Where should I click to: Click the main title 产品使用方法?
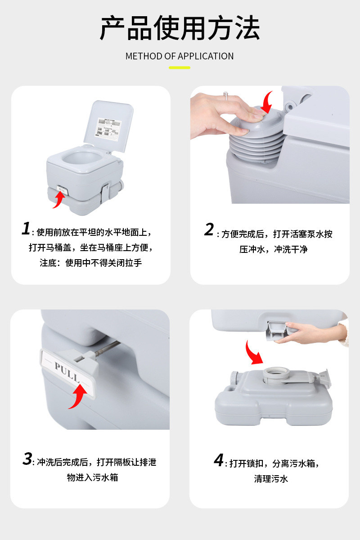(x=180, y=28)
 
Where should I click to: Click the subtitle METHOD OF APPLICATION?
(x=180, y=56)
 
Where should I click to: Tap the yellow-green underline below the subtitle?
(x=180, y=68)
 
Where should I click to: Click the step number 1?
(x=26, y=228)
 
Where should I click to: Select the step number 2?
(x=209, y=229)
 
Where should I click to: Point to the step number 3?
(x=27, y=459)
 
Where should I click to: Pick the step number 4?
(x=219, y=460)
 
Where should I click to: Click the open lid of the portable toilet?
(x=110, y=126)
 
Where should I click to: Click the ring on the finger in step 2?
(x=226, y=96)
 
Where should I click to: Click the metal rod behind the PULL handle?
(x=108, y=347)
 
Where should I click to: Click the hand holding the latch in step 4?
(x=310, y=332)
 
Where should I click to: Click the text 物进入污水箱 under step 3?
(x=92, y=477)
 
